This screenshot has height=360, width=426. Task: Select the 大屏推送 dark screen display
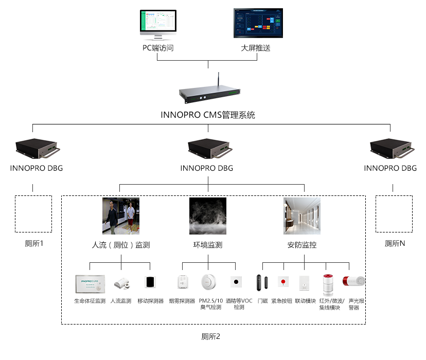click(x=258, y=23)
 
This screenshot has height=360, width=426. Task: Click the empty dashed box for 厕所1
click(x=33, y=213)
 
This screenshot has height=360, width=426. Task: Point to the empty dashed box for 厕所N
click(x=394, y=213)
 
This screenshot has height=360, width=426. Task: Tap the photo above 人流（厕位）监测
click(x=121, y=216)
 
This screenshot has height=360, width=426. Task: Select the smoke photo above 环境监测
click(x=208, y=216)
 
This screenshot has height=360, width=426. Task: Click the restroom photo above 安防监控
click(x=301, y=216)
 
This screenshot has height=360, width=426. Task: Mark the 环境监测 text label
click(x=208, y=245)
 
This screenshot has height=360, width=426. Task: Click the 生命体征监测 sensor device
click(x=90, y=283)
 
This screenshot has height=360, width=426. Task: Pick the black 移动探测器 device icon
click(x=150, y=282)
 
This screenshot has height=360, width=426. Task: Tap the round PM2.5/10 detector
click(x=208, y=283)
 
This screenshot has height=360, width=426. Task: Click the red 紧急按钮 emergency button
click(x=283, y=282)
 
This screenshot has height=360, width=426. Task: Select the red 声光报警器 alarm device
click(x=354, y=282)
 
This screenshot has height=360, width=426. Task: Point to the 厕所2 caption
click(x=210, y=337)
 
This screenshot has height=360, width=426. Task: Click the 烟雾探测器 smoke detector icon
click(x=182, y=283)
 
